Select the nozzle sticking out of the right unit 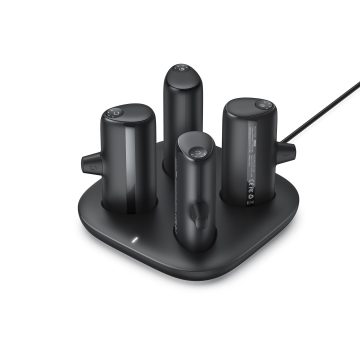pos(288,152)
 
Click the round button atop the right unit pos(261,105)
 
